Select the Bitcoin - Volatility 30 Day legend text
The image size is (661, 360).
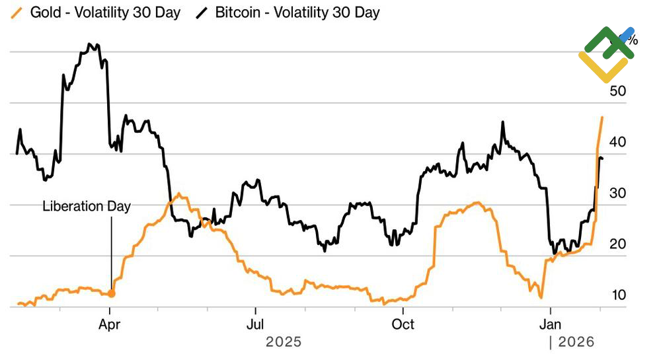click(297, 13)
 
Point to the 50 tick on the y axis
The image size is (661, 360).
click(617, 91)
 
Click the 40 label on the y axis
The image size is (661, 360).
click(617, 142)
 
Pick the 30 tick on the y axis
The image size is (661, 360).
click(617, 193)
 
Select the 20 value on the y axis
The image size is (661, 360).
click(617, 244)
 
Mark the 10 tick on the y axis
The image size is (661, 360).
click(617, 295)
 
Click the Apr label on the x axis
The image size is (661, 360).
click(110, 324)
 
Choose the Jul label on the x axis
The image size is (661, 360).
click(255, 324)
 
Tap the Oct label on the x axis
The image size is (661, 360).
click(403, 324)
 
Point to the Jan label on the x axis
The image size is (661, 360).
click(551, 324)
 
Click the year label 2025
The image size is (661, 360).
click(284, 342)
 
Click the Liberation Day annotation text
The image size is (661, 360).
click(87, 206)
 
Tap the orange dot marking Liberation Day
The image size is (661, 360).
click(111, 293)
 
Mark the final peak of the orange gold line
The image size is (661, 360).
click(602, 118)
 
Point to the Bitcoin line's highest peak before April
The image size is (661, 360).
click(90, 44)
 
